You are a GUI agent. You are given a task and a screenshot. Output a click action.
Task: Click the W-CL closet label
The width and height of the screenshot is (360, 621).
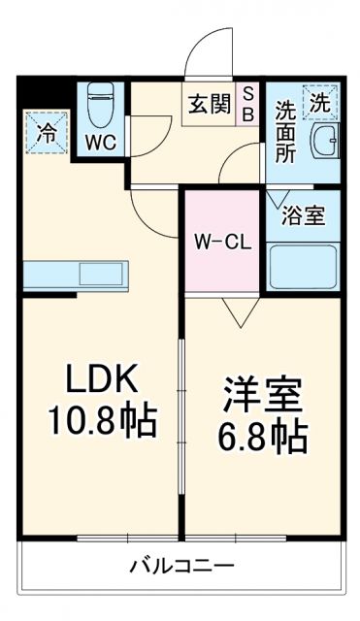[x=223, y=242]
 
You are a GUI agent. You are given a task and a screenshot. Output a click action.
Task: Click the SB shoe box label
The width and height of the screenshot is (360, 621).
[x=248, y=102]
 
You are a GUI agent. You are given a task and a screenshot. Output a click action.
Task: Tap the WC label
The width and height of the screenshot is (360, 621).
[x=100, y=142]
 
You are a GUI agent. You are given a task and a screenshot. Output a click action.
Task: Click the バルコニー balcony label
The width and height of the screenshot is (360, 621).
[x=181, y=565]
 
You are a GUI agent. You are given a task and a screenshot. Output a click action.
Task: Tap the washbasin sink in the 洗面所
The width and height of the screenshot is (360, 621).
[x=324, y=144]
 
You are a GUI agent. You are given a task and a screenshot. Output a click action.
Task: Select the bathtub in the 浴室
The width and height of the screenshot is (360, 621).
[x=303, y=267]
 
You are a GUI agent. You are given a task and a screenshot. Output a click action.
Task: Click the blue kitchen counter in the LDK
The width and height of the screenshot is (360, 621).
[x=74, y=274]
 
